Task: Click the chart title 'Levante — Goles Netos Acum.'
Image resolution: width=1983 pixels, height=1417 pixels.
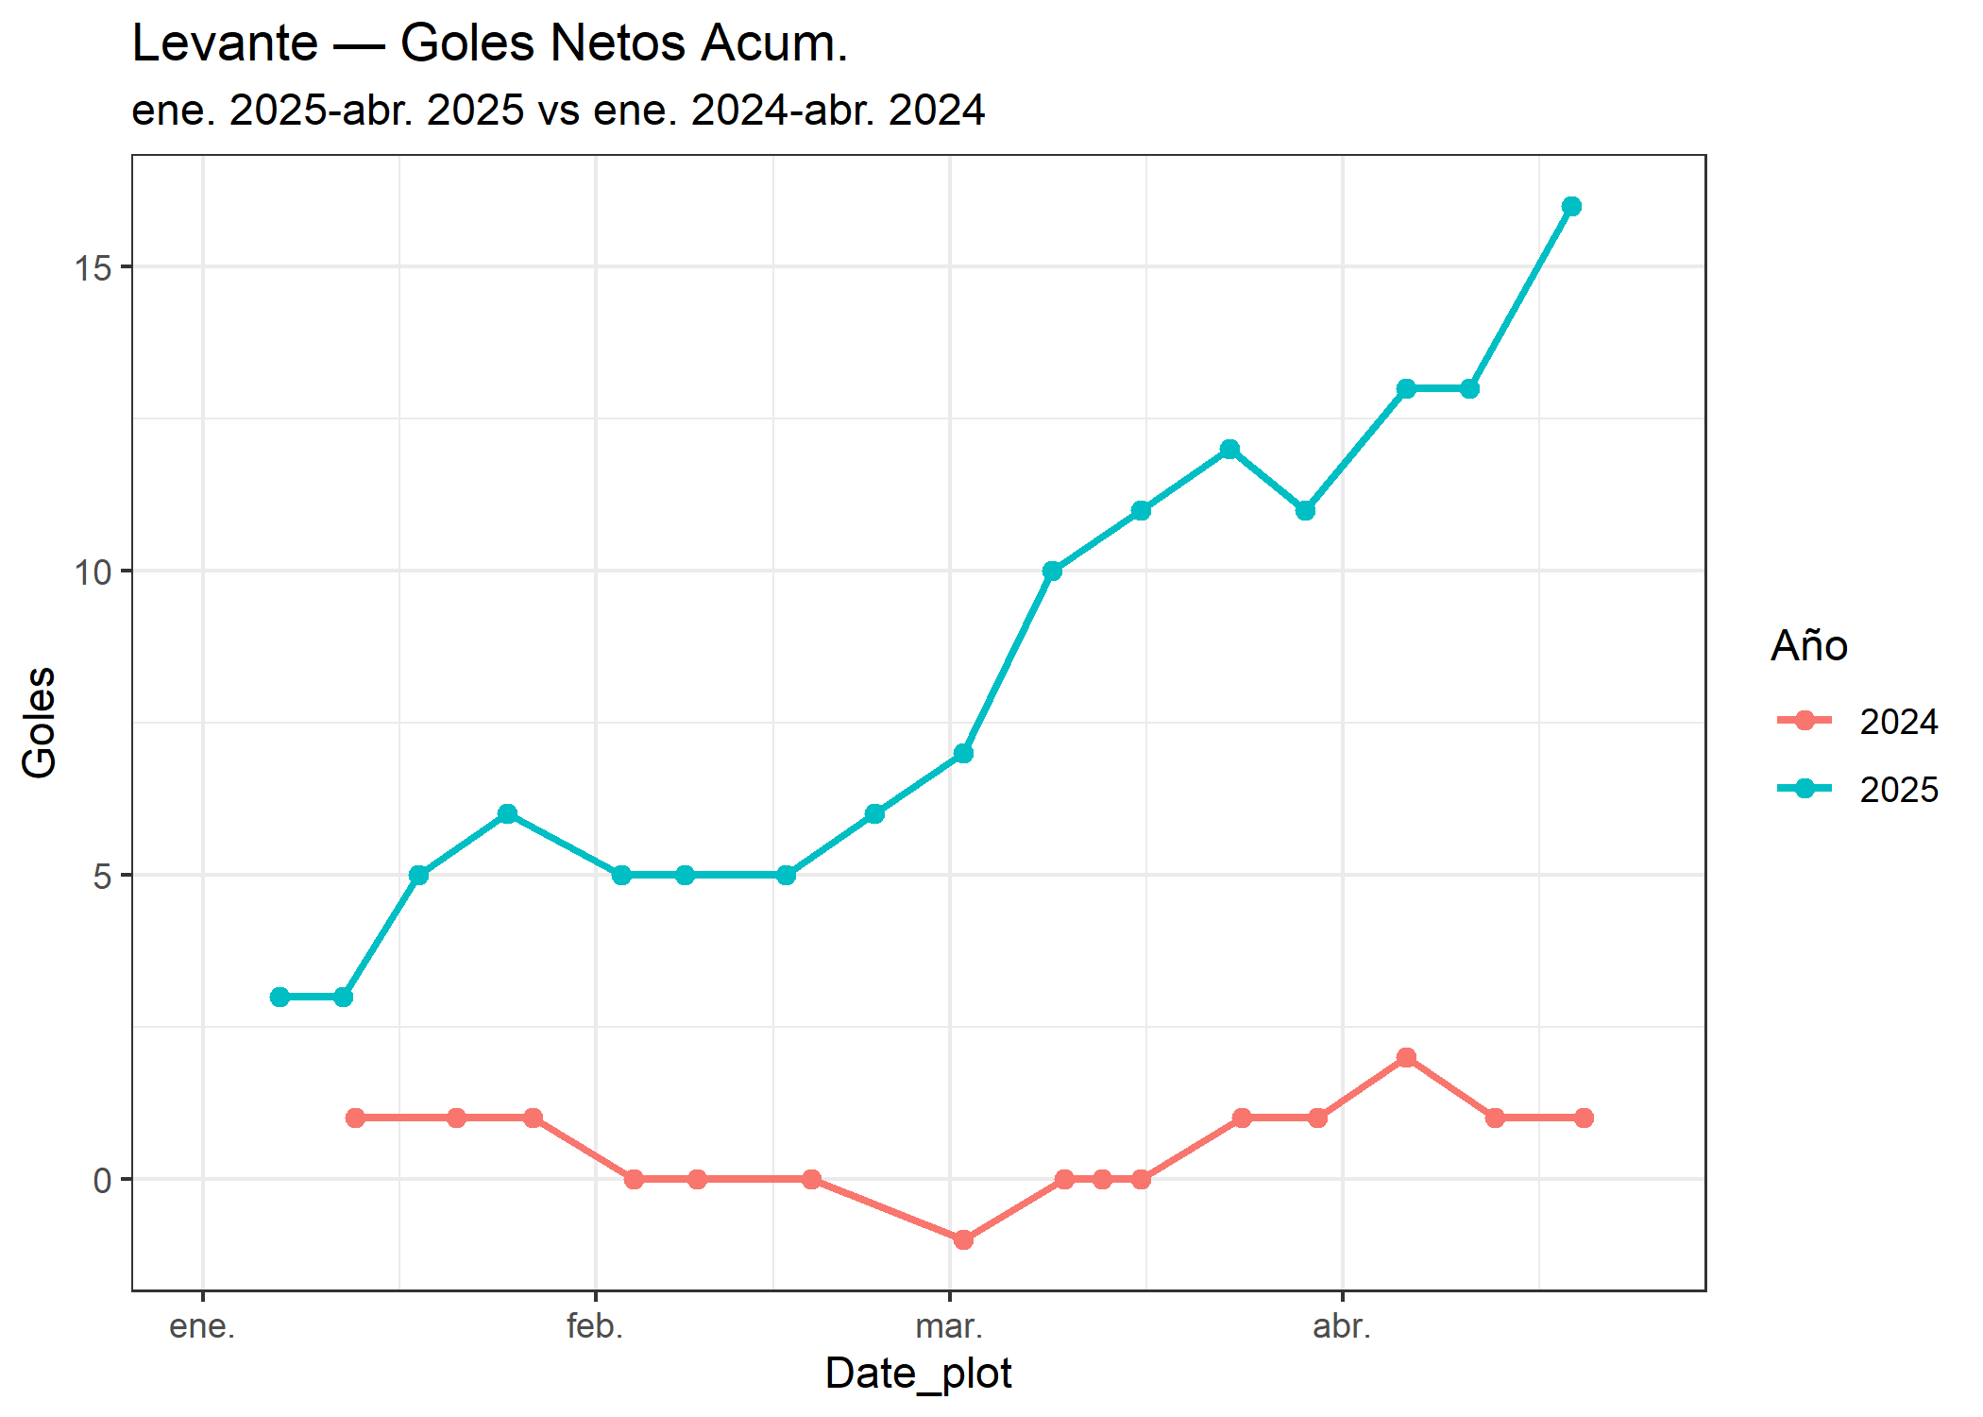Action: coord(489,43)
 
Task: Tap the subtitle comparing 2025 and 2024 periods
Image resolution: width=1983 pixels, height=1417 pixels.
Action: coord(558,111)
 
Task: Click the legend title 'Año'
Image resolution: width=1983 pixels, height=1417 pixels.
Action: coord(1808,646)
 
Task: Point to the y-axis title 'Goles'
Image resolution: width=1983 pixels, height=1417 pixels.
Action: coord(40,723)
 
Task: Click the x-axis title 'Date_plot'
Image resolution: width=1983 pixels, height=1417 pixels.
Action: coord(918,1374)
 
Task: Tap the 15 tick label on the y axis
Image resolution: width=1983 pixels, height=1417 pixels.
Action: coord(93,268)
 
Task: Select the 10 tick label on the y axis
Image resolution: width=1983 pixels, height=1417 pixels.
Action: coord(93,572)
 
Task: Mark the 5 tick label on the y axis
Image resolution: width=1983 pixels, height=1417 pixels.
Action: coord(102,877)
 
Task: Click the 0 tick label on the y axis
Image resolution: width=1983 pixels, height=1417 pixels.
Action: coord(102,1181)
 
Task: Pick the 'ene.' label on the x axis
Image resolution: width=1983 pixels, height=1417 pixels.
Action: coord(202,1327)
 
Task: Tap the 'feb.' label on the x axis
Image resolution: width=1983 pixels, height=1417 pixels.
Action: coord(595,1327)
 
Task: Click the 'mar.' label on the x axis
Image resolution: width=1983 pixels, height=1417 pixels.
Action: coord(949,1327)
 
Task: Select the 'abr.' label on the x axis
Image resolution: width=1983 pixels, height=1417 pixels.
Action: coord(1342,1327)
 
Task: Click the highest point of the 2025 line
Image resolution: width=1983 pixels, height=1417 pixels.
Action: coord(1571,207)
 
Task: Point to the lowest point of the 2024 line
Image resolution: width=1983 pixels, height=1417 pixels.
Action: coord(963,1239)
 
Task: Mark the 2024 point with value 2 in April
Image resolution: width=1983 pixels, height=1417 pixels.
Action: coord(1406,1057)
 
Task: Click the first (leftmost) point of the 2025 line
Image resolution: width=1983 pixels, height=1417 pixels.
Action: coord(280,997)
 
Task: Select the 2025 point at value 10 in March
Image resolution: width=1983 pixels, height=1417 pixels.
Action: coord(1052,571)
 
